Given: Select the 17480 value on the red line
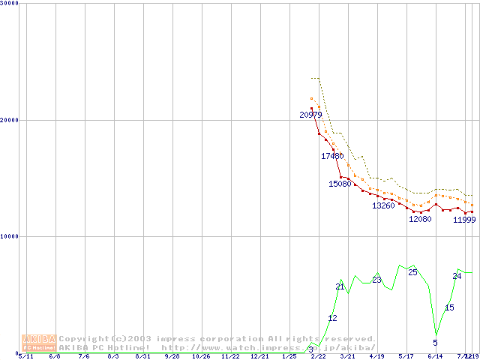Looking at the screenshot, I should [332, 156].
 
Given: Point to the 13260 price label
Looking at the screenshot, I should [383, 205].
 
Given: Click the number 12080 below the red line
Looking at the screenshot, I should [420, 219].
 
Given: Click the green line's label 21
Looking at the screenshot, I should [340, 287].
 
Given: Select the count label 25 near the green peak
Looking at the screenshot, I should [412, 272].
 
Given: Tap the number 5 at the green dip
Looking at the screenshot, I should [435, 343].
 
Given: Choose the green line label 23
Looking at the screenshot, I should [376, 280].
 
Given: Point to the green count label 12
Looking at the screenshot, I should [332, 319].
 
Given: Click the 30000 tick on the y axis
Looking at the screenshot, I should [10, 4].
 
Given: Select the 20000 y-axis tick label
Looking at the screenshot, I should [10, 120].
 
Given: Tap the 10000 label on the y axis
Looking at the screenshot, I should [10, 236].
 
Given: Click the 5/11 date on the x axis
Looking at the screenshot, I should [26, 356].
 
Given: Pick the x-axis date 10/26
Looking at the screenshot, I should [201, 356].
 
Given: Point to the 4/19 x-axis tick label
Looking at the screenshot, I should [376, 356].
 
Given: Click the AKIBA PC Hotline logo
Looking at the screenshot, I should [39, 343].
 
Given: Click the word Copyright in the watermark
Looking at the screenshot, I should [83, 339].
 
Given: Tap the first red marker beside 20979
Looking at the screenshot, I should [311, 109].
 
